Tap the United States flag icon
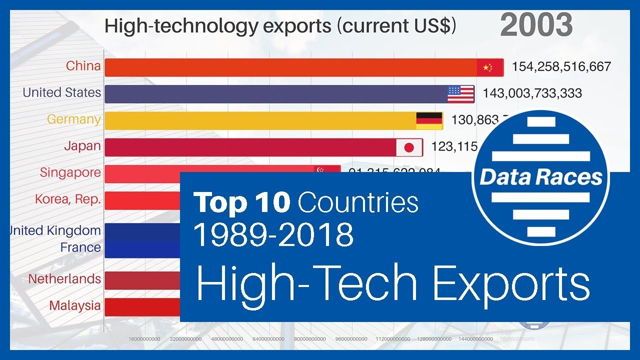point(460,94)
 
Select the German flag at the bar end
point(429,120)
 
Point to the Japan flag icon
point(409,147)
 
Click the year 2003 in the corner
point(536,25)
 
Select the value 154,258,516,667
point(561,66)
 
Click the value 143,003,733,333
point(532,93)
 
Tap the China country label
point(83,66)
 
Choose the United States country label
point(61,92)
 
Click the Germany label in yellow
point(73,119)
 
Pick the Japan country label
point(82,146)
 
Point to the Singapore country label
point(70,172)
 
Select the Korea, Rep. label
point(67,199)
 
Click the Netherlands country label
point(64,278)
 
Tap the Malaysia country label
point(74,305)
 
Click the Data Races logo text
point(541,177)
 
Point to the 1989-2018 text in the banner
point(273,234)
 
